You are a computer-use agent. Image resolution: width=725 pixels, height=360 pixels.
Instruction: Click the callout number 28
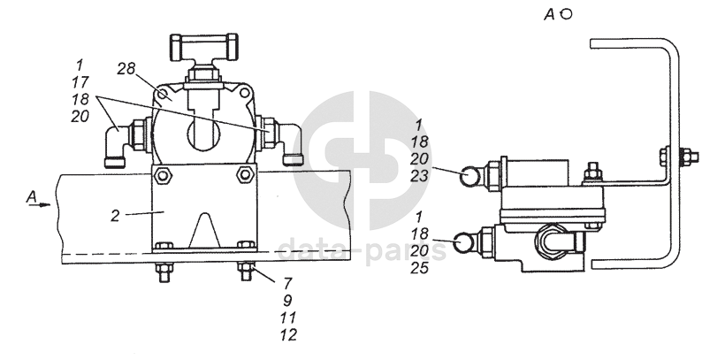(126, 69)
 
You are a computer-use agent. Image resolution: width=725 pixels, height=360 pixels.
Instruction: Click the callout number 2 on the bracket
(115, 215)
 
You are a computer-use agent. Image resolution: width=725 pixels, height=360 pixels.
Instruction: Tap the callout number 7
(287, 283)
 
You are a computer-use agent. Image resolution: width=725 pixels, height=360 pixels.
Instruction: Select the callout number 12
(288, 334)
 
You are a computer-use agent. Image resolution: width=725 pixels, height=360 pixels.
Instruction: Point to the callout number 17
(80, 82)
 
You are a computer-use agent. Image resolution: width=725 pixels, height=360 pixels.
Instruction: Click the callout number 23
(419, 176)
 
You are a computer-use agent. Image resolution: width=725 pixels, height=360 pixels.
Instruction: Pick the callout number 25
(419, 267)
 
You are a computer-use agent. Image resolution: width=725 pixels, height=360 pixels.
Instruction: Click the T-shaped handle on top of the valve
(204, 47)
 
